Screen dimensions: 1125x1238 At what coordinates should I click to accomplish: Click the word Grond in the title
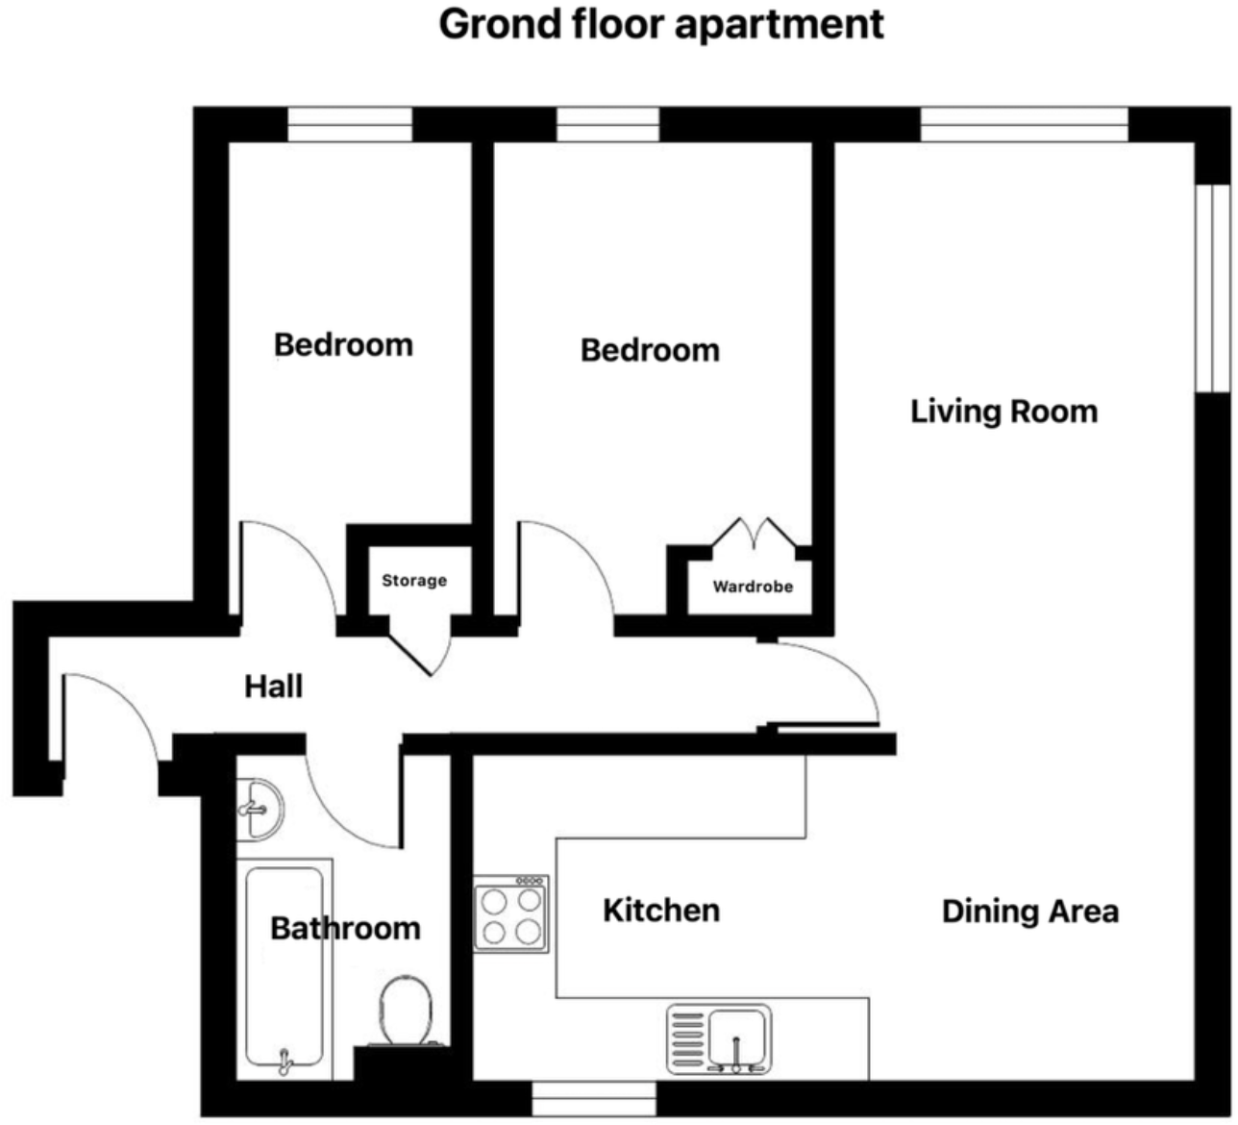[498, 24]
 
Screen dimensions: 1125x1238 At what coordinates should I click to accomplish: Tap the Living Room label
[1003, 412]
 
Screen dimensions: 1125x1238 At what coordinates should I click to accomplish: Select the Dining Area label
[1029, 911]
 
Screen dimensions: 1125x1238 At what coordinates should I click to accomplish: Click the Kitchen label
[661, 910]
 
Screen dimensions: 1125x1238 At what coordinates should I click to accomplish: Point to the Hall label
[273, 687]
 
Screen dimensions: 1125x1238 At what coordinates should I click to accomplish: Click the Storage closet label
[414, 581]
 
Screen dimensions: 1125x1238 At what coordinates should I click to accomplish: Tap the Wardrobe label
[753, 587]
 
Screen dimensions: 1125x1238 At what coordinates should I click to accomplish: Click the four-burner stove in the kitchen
[511, 914]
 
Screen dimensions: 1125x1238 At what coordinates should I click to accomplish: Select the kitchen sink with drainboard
[719, 1039]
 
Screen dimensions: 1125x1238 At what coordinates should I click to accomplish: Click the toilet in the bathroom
[405, 1010]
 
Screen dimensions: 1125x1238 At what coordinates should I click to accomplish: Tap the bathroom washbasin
[259, 809]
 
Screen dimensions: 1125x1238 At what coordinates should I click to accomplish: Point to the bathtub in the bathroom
[284, 966]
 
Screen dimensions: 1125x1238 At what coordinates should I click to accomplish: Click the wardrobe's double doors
[753, 536]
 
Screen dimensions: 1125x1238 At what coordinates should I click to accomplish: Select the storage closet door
[421, 653]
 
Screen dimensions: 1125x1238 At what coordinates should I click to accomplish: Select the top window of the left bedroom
[350, 125]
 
